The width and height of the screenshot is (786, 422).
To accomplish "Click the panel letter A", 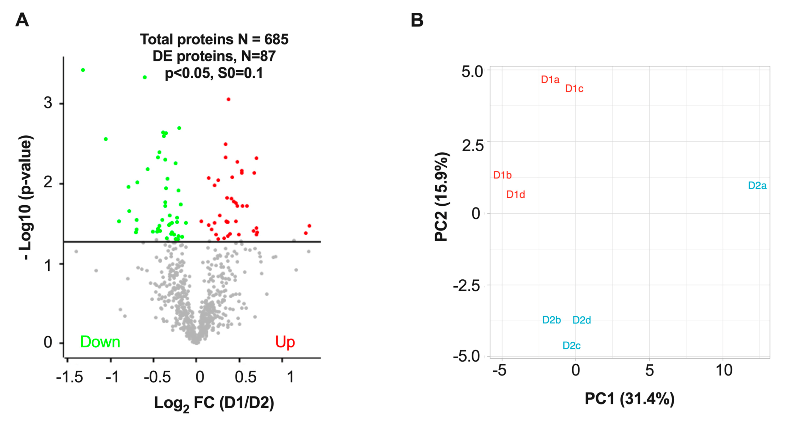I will tap(22, 20).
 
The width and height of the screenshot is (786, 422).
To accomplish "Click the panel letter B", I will tap(417, 20).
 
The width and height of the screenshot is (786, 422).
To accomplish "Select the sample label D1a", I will tap(550, 80).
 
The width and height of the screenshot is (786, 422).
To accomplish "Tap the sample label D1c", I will tap(574, 89).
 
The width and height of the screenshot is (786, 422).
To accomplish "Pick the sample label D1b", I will tap(502, 175).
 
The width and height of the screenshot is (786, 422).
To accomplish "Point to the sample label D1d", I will tap(515, 195).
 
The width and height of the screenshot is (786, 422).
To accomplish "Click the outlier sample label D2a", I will tap(757, 186).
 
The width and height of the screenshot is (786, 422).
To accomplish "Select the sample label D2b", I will tap(551, 320).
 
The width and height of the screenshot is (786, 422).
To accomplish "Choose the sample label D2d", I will tap(581, 320).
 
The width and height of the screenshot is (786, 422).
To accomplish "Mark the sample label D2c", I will tap(571, 346).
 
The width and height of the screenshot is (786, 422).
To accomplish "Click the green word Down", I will tap(100, 342).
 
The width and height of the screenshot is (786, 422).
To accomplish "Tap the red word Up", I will tap(285, 342).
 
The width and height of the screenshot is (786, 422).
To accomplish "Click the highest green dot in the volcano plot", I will tap(83, 70).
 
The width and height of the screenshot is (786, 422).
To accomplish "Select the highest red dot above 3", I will tap(228, 100).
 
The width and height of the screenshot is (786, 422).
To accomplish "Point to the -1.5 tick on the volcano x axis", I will tap(69, 377).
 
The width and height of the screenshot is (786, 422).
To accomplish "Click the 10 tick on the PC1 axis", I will tap(724, 371).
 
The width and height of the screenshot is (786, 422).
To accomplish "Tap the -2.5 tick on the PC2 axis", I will tap(466, 286).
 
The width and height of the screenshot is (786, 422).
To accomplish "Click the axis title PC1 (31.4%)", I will tap(629, 399).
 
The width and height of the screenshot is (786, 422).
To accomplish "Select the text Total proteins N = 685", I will tap(214, 40).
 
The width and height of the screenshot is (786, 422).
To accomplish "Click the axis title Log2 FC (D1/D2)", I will tap(214, 403).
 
